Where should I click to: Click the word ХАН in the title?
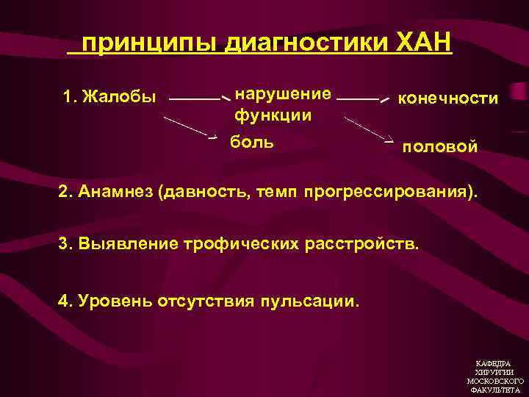tap(423, 43)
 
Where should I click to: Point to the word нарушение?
tap(282, 93)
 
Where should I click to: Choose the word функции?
tap(273, 115)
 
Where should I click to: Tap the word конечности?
tap(447, 99)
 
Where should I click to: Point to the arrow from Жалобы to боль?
tap(190, 126)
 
